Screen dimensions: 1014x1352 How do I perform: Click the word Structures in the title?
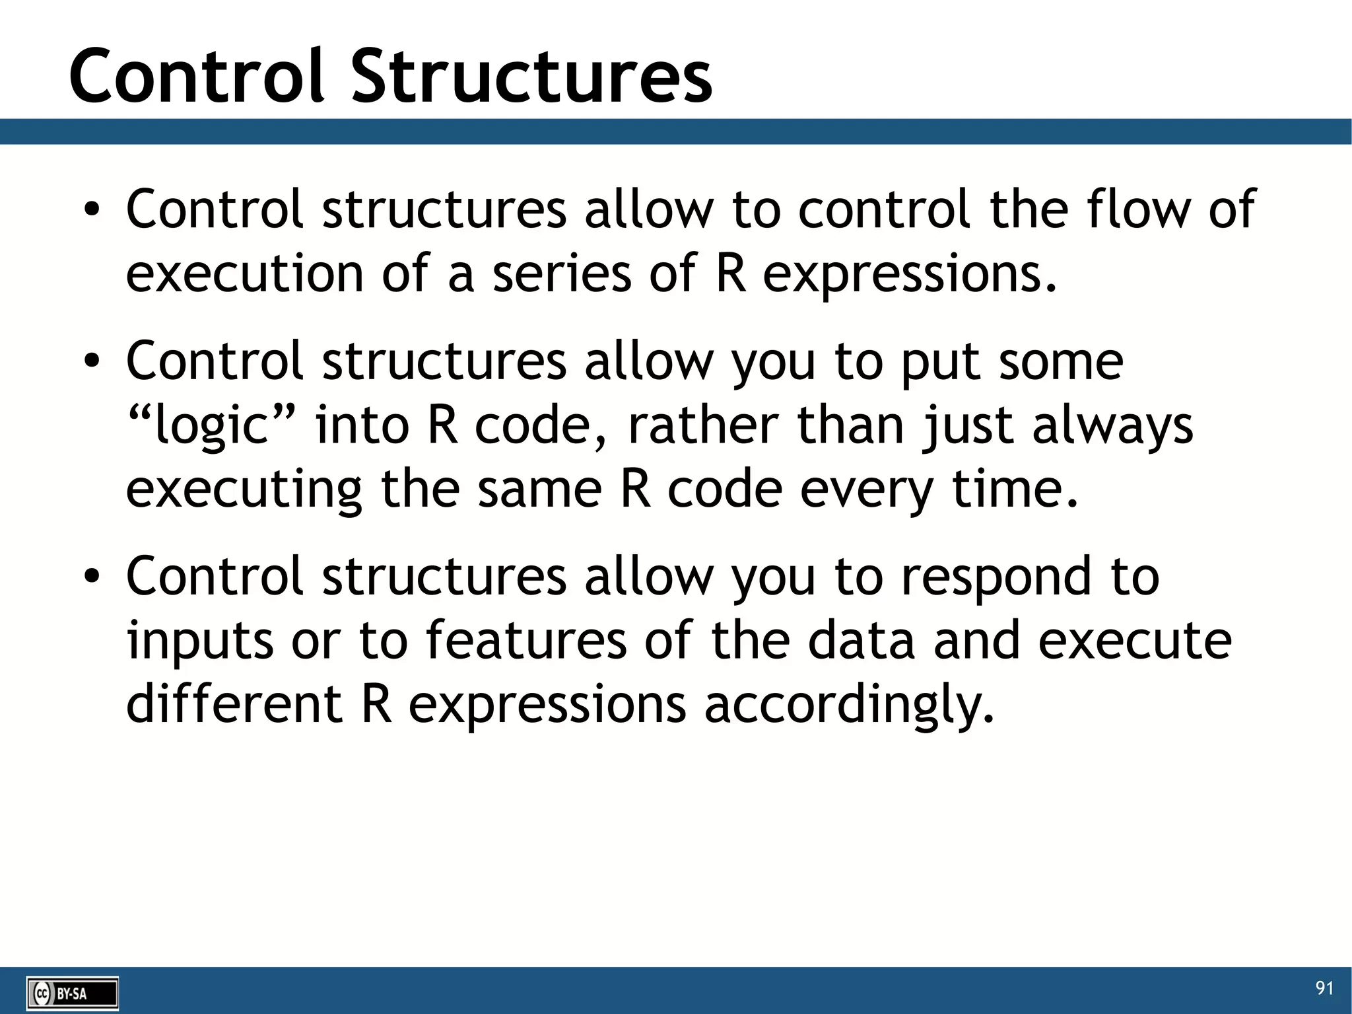pyautogui.click(x=531, y=77)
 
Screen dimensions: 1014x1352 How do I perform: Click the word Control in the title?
pyautogui.click(x=197, y=77)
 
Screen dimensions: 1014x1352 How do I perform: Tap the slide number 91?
pyautogui.click(x=1324, y=988)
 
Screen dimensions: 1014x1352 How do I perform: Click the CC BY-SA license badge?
pyautogui.click(x=73, y=993)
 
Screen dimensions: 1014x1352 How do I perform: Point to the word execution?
pyautogui.click(x=244, y=273)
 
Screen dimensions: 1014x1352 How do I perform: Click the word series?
pyautogui.click(x=562, y=273)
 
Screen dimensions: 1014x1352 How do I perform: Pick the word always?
pyautogui.click(x=1113, y=426)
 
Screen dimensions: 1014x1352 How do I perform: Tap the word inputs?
pyautogui.click(x=200, y=641)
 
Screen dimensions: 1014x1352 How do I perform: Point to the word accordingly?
pyautogui.click(x=849, y=706)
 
